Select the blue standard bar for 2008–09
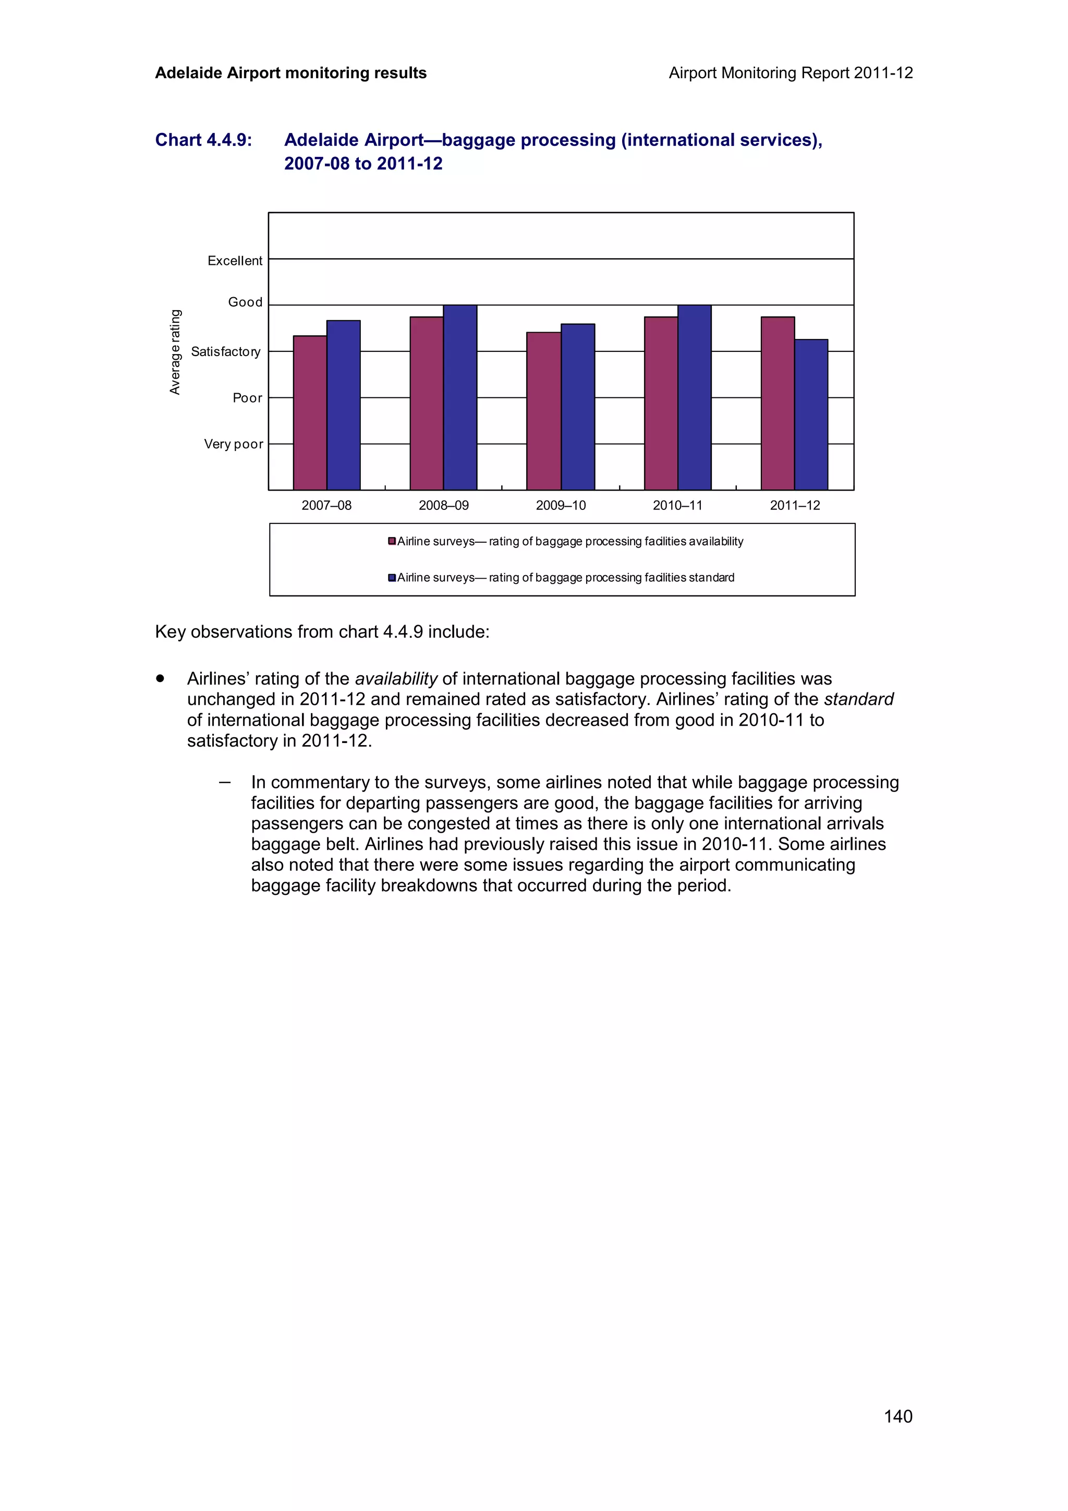[x=460, y=397]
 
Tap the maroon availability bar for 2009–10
[x=543, y=411]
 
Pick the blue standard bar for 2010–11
[x=694, y=397]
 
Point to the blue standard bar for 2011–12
[x=811, y=415]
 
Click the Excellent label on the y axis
[x=235, y=261]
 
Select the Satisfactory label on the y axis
[x=226, y=351]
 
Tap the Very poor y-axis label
[x=234, y=444]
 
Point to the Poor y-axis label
[x=247, y=398]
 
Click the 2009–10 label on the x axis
[x=561, y=505]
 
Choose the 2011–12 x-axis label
[x=795, y=505]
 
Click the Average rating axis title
[x=175, y=352]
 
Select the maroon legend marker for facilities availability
[x=392, y=541]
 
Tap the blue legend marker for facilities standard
[x=392, y=577]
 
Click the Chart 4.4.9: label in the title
[x=203, y=140]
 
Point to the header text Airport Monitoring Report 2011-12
[x=790, y=73]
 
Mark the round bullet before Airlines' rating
[x=160, y=678]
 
